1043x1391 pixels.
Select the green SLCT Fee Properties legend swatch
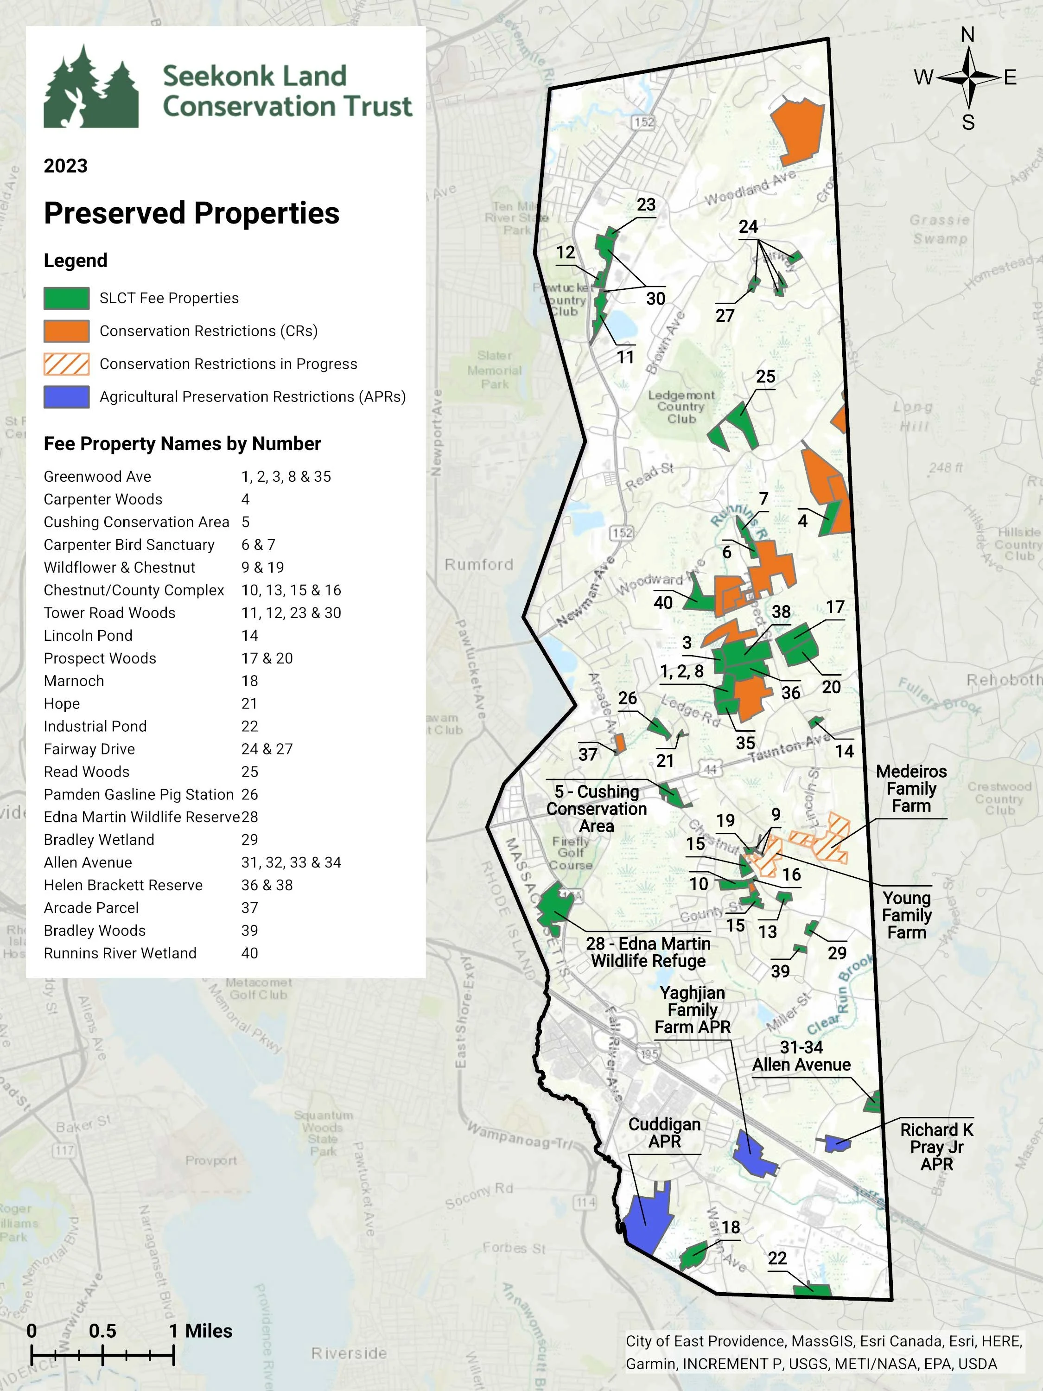[x=66, y=298]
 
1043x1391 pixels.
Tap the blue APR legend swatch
[x=66, y=397]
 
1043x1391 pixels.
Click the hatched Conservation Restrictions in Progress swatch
[x=66, y=364]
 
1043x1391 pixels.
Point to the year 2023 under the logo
[x=65, y=166]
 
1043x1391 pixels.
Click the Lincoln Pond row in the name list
[x=88, y=636]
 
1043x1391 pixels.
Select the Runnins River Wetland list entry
[x=120, y=953]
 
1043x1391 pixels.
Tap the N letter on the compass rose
[x=967, y=35]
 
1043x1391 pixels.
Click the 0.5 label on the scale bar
[x=102, y=1331]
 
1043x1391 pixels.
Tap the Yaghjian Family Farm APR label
[x=692, y=1010]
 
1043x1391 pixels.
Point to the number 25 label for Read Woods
[x=765, y=376]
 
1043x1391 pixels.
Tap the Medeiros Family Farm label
[x=911, y=789]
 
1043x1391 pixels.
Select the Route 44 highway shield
[x=710, y=769]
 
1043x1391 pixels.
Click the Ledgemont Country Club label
[x=681, y=407]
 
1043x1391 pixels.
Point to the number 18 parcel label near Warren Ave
[x=730, y=1227]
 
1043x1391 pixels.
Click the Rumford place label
[x=478, y=565]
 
